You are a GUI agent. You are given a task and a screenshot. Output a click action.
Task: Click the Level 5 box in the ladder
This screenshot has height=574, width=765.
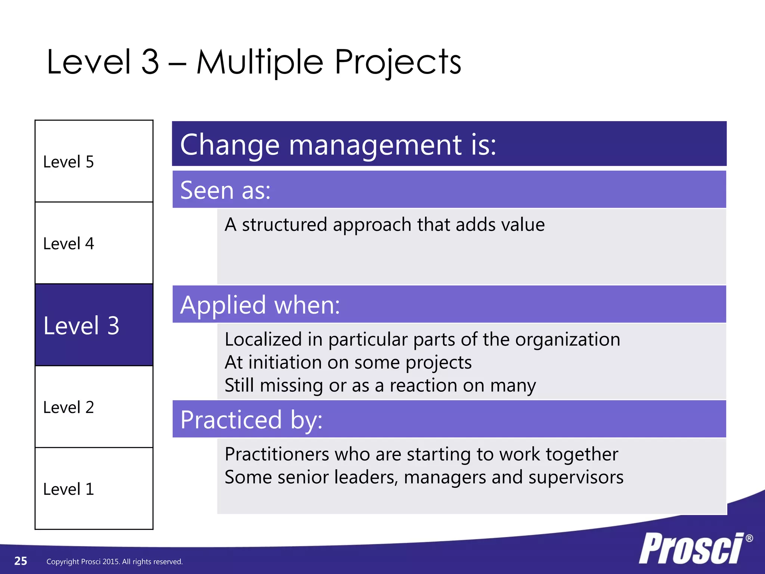coord(94,161)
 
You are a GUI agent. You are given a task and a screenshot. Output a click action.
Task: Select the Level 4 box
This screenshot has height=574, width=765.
coord(94,243)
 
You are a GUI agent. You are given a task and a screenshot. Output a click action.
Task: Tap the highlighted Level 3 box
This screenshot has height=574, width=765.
coord(94,325)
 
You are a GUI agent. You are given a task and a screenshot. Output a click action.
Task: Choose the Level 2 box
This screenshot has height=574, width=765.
coord(94,407)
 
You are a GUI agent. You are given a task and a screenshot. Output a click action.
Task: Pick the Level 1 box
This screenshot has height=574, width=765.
coord(94,489)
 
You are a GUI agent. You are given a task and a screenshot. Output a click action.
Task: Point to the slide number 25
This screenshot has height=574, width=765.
coord(21,561)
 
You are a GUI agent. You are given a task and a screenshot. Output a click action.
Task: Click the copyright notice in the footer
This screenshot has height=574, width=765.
coord(114,562)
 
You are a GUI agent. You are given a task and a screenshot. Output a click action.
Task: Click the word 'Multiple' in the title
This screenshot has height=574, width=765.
coord(260,62)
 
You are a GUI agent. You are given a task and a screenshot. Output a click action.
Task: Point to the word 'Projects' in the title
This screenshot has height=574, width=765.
coord(398,62)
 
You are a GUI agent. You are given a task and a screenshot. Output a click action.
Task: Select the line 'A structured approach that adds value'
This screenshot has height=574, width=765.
coord(384,225)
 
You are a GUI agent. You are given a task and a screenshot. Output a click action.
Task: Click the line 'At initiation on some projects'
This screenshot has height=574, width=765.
coord(348,362)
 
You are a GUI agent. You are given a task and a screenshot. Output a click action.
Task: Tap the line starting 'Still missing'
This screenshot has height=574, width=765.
coord(380,385)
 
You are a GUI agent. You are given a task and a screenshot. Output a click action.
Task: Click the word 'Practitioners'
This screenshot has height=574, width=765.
coord(277,454)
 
